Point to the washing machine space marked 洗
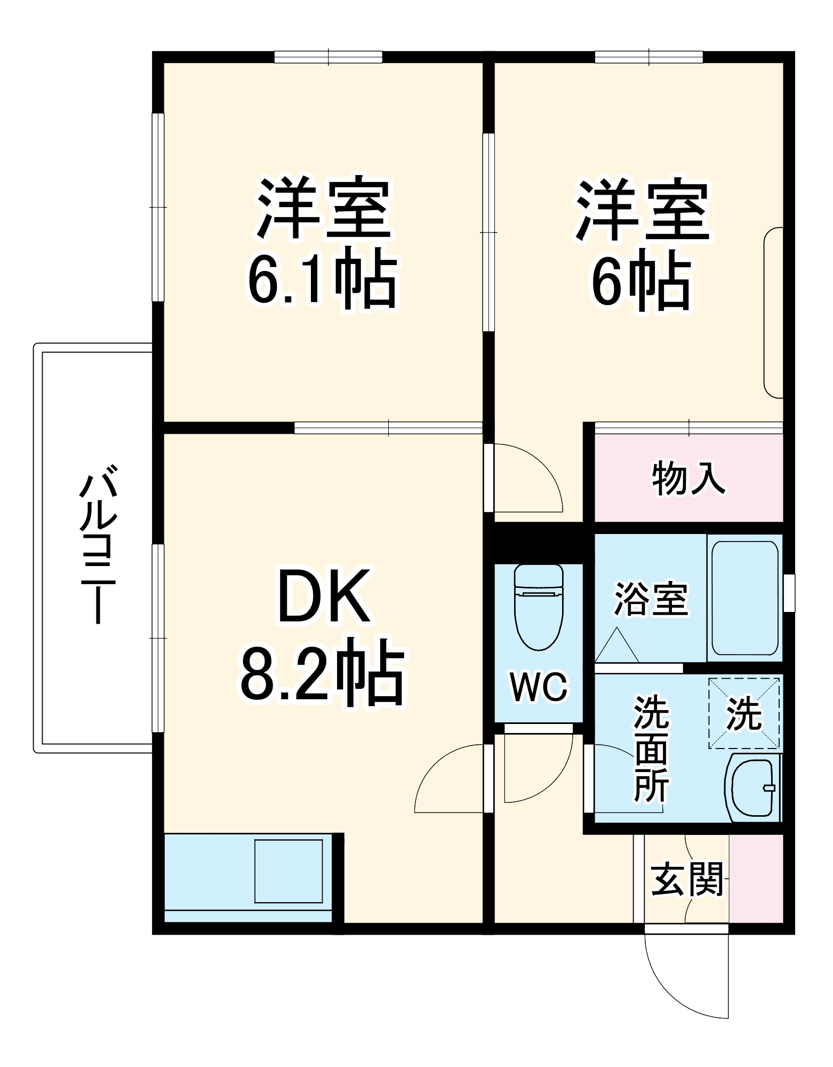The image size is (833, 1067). (744, 713)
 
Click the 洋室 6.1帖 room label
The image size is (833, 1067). (323, 243)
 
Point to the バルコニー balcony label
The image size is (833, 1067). (98, 544)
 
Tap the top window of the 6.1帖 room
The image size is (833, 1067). (329, 57)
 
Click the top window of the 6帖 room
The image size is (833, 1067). (648, 57)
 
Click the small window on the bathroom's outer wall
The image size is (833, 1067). (789, 592)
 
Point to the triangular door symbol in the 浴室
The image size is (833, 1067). (616, 646)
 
